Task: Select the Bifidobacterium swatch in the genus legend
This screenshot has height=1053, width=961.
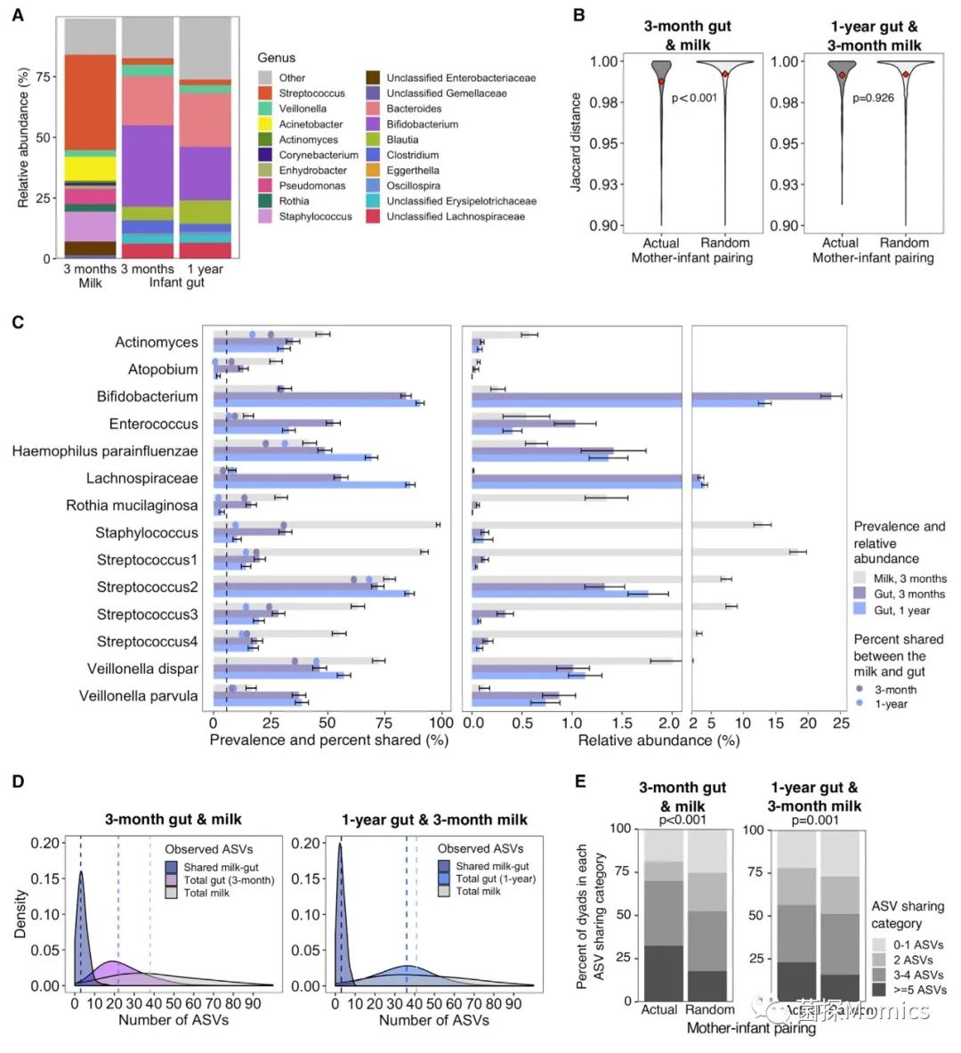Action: pos(373,124)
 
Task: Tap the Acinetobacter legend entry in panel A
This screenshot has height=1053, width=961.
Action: pos(311,124)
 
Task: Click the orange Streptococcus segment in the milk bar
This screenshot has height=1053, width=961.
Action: pos(90,101)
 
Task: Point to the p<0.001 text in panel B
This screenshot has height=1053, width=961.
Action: pos(694,98)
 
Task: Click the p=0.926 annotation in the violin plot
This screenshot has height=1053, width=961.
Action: pos(873,98)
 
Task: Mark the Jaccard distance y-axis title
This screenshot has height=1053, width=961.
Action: pos(576,142)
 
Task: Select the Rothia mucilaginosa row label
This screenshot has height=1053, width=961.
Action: pos(132,506)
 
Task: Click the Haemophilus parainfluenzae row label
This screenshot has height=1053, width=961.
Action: pos(105,451)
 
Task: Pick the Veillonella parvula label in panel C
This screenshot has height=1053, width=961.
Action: pos(138,696)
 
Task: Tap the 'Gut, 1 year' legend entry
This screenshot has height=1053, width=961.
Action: pos(901,610)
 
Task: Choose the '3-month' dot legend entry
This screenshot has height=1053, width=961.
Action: pos(894,689)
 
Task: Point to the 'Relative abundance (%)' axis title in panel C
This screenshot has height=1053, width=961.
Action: pos(658,740)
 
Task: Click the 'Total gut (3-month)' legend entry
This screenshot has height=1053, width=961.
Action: pos(229,879)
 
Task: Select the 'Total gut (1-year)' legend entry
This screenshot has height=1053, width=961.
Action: pos(496,879)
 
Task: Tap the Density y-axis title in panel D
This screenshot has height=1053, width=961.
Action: pos(20,912)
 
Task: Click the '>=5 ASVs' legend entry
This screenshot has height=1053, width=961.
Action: pos(917,989)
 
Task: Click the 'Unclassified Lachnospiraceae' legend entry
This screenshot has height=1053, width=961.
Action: pos(455,216)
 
